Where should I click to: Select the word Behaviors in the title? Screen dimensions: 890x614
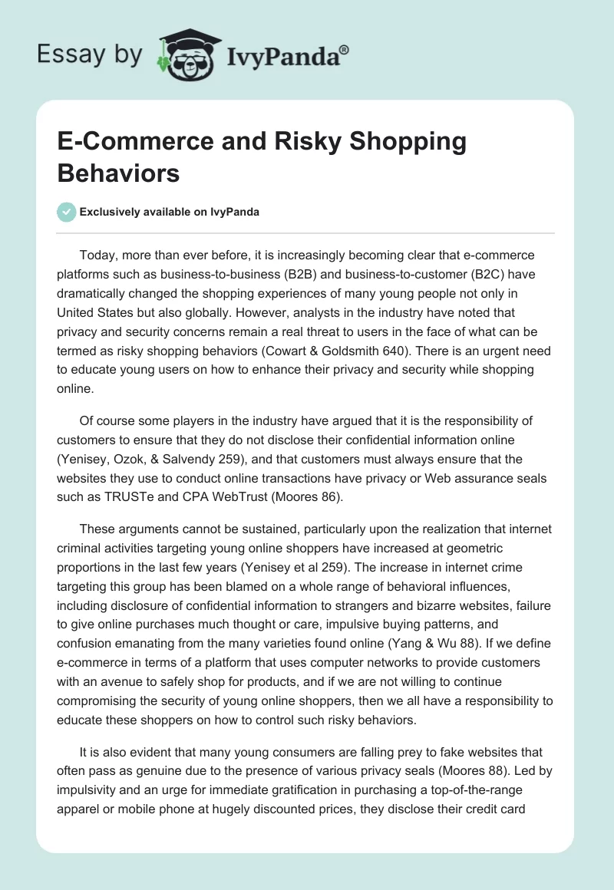(118, 173)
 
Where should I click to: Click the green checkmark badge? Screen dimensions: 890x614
(66, 212)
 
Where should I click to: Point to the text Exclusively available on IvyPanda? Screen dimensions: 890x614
(170, 213)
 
